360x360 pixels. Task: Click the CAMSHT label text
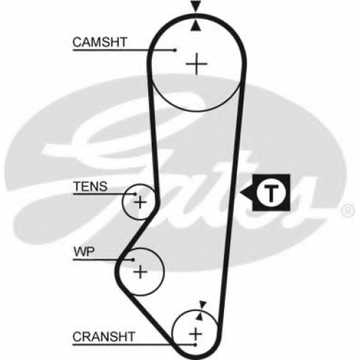[100, 42]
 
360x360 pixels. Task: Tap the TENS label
[91, 186]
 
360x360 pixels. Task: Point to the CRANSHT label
[104, 336]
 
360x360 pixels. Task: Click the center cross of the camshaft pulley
[197, 64]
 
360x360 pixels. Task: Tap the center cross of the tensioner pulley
[140, 202]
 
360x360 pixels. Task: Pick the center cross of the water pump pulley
[140, 272]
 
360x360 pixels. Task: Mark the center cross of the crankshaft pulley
[196, 334]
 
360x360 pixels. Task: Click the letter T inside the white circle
[271, 193]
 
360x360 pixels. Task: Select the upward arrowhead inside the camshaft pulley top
[196, 26]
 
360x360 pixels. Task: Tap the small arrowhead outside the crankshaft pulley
[203, 305]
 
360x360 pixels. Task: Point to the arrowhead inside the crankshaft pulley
[199, 317]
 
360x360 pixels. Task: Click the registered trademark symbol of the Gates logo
[348, 211]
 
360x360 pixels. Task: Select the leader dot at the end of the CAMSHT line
[176, 50]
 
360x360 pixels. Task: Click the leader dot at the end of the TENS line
[135, 194]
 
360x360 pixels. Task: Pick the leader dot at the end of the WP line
[133, 260]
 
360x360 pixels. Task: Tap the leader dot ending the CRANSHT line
[196, 345]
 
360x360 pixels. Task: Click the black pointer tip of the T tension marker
[240, 193]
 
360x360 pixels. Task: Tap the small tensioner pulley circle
[122, 202]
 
